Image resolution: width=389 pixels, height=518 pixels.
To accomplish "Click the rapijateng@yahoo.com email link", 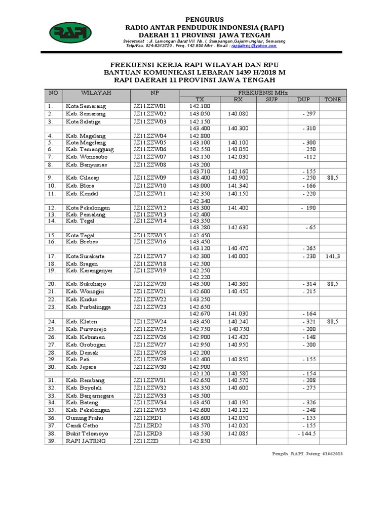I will [x=254, y=46].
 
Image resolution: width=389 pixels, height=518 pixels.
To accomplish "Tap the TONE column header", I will [x=333, y=99].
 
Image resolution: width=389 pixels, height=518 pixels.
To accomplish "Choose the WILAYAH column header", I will [x=96, y=93].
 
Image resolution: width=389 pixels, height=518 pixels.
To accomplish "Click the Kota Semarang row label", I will [x=85, y=107].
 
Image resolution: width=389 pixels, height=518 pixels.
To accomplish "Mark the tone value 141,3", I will [x=333, y=256].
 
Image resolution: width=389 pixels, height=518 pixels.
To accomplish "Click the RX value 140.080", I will [x=238, y=114].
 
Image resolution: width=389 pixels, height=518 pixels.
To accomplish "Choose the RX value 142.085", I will [x=238, y=434].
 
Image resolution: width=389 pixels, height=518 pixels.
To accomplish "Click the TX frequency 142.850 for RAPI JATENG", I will [x=199, y=441].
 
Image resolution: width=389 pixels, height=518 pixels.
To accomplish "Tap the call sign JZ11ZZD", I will [x=146, y=441].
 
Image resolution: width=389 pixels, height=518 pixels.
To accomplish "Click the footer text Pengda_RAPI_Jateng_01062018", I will [x=307, y=455].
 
